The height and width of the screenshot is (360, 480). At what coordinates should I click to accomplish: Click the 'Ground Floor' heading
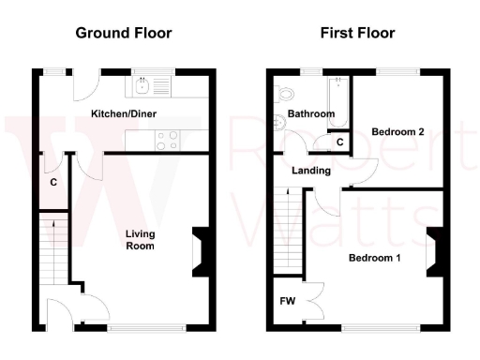click(124, 33)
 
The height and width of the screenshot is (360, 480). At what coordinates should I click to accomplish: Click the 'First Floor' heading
click(357, 33)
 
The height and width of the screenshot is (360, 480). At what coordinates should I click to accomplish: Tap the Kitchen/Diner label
click(123, 113)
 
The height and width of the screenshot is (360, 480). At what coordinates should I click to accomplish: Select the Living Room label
click(141, 239)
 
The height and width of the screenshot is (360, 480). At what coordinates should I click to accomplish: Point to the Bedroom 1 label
click(374, 257)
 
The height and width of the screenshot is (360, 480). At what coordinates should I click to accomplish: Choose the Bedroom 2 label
click(398, 132)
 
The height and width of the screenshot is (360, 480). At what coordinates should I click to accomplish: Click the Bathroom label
click(311, 113)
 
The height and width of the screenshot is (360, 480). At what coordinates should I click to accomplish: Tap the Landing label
click(310, 171)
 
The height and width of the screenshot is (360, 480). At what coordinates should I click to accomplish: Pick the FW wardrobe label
click(287, 302)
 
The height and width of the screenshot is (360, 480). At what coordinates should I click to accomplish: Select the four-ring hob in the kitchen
click(168, 140)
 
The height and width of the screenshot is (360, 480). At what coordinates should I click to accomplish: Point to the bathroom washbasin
click(279, 121)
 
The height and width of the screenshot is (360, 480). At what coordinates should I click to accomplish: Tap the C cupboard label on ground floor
click(53, 182)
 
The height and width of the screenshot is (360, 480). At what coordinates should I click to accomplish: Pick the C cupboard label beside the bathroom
click(339, 142)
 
